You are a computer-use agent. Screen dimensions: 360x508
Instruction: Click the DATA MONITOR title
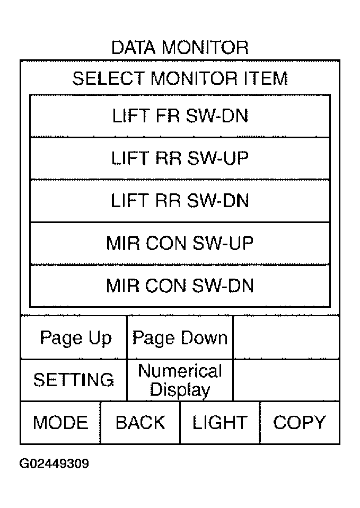(x=180, y=48)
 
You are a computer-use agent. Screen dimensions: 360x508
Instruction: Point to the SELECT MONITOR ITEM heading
(x=180, y=78)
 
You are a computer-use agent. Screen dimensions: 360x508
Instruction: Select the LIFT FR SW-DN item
(x=180, y=116)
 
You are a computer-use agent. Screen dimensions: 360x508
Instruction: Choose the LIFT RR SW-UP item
(x=180, y=158)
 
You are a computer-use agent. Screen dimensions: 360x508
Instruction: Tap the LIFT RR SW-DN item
(x=180, y=201)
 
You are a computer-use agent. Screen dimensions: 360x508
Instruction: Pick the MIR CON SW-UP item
(x=180, y=243)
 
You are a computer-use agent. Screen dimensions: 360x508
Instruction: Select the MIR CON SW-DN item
(x=180, y=286)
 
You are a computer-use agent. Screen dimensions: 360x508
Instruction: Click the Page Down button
(x=180, y=337)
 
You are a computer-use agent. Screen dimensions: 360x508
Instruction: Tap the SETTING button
(x=74, y=380)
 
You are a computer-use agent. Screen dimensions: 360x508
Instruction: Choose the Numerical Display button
(x=180, y=380)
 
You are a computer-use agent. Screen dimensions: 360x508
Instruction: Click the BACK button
(x=140, y=423)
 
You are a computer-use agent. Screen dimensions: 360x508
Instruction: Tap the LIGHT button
(x=220, y=423)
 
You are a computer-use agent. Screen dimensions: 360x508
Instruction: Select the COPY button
(x=300, y=423)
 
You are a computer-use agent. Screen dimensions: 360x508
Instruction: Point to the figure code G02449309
(x=54, y=464)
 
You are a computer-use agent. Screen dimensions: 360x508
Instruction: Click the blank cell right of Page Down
(x=286, y=337)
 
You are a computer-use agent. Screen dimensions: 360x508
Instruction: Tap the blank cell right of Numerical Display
(x=286, y=380)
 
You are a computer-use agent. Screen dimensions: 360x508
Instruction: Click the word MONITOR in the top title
(x=205, y=48)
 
